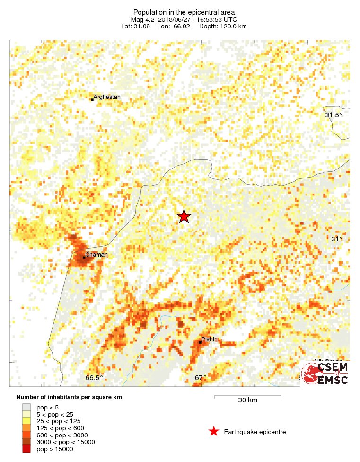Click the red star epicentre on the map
pyautogui.click(x=184, y=216)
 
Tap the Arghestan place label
pyautogui.click(x=107, y=97)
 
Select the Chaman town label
pyautogui.click(x=97, y=254)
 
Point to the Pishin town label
pyautogui.click(x=210, y=339)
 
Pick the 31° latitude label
pyautogui.click(x=336, y=239)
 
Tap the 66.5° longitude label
pyautogui.click(x=94, y=377)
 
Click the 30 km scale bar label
pyautogui.click(x=247, y=400)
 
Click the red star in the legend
pyautogui.click(x=214, y=431)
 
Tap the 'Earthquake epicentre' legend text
pyautogui.click(x=255, y=432)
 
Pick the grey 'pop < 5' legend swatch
pyautogui.click(x=26, y=407)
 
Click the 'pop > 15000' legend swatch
pyautogui.click(x=26, y=449)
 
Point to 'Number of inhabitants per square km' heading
pyautogui.click(x=69, y=397)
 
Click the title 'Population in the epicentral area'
pyautogui.click(x=184, y=12)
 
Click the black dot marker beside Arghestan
pyautogui.click(x=92, y=99)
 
